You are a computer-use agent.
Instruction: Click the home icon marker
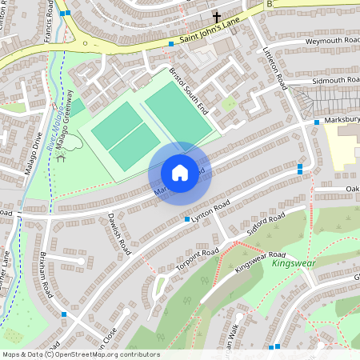point(180,173)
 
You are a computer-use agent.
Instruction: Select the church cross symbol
point(216,17)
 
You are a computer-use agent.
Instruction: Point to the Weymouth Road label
point(332,40)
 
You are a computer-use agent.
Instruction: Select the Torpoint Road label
point(198,258)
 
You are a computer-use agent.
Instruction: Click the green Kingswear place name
point(294,262)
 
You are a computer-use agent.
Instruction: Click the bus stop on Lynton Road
point(187,219)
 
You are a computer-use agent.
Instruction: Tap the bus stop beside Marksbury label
point(317,122)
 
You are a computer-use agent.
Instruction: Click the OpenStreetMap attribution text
point(80,354)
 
